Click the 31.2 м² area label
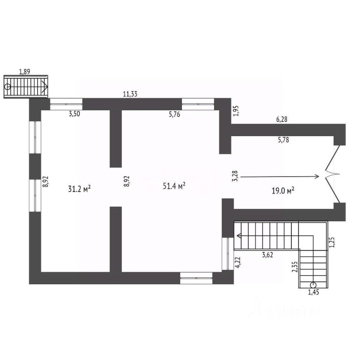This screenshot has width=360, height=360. (80, 189)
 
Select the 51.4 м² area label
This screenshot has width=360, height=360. (174, 186)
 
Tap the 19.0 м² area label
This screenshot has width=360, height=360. (282, 190)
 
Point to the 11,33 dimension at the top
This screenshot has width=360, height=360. (129, 94)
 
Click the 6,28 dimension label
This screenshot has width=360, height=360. (283, 120)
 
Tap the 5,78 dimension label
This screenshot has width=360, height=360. (283, 140)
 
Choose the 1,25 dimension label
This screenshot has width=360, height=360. (331, 242)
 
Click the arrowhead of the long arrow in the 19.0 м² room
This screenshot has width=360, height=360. (317, 176)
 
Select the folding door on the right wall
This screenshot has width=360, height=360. (333, 174)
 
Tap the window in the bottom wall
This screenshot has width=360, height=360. (196, 278)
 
